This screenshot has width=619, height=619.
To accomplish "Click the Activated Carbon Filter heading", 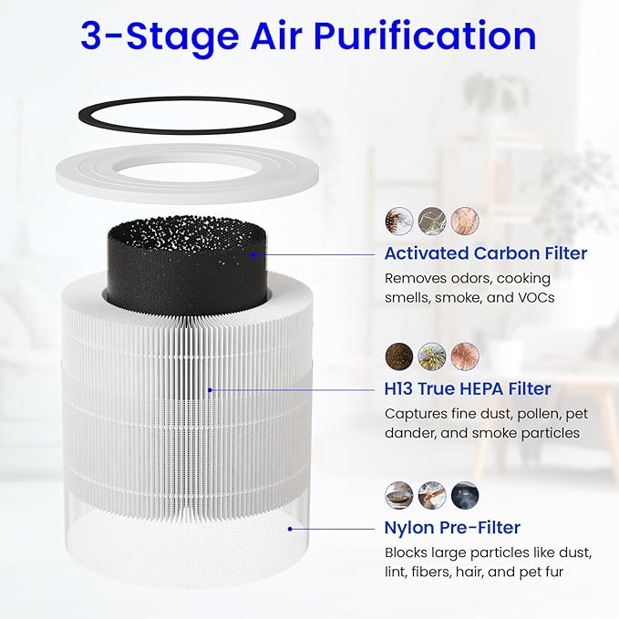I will coord(485,253).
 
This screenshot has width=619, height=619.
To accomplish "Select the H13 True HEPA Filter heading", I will coord(467,389).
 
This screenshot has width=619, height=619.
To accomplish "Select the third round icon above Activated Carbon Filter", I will coord(464,220).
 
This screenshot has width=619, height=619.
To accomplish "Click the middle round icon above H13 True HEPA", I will coord(431,356).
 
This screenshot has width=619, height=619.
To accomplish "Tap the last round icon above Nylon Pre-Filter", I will coord(464,494).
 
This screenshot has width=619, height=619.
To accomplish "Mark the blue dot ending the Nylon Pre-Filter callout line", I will coord(291,527).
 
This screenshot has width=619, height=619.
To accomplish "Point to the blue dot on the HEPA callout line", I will coord(210,389).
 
